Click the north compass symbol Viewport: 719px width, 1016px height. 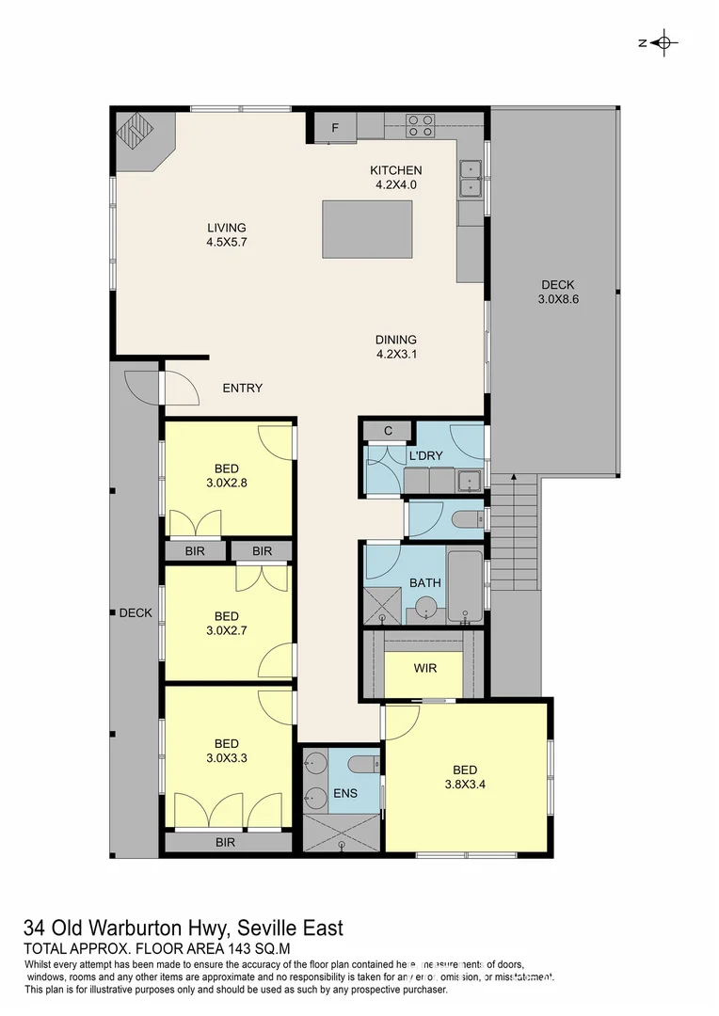[663, 42]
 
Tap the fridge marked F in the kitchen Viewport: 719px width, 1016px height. [334, 128]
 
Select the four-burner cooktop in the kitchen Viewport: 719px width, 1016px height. [421, 125]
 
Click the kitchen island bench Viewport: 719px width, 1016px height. [366, 228]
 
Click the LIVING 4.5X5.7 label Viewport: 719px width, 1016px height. [226, 234]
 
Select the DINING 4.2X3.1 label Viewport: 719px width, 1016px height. [395, 347]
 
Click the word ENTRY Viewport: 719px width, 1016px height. [242, 388]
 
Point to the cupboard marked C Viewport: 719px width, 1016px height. [387, 431]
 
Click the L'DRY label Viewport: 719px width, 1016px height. [425, 456]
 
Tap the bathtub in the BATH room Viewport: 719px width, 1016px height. [463, 587]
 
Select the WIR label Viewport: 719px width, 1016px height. [425, 669]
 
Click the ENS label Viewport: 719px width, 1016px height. [345, 793]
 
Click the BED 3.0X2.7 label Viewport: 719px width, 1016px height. [226, 625]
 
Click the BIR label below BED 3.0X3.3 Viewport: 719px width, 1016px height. [225, 843]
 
